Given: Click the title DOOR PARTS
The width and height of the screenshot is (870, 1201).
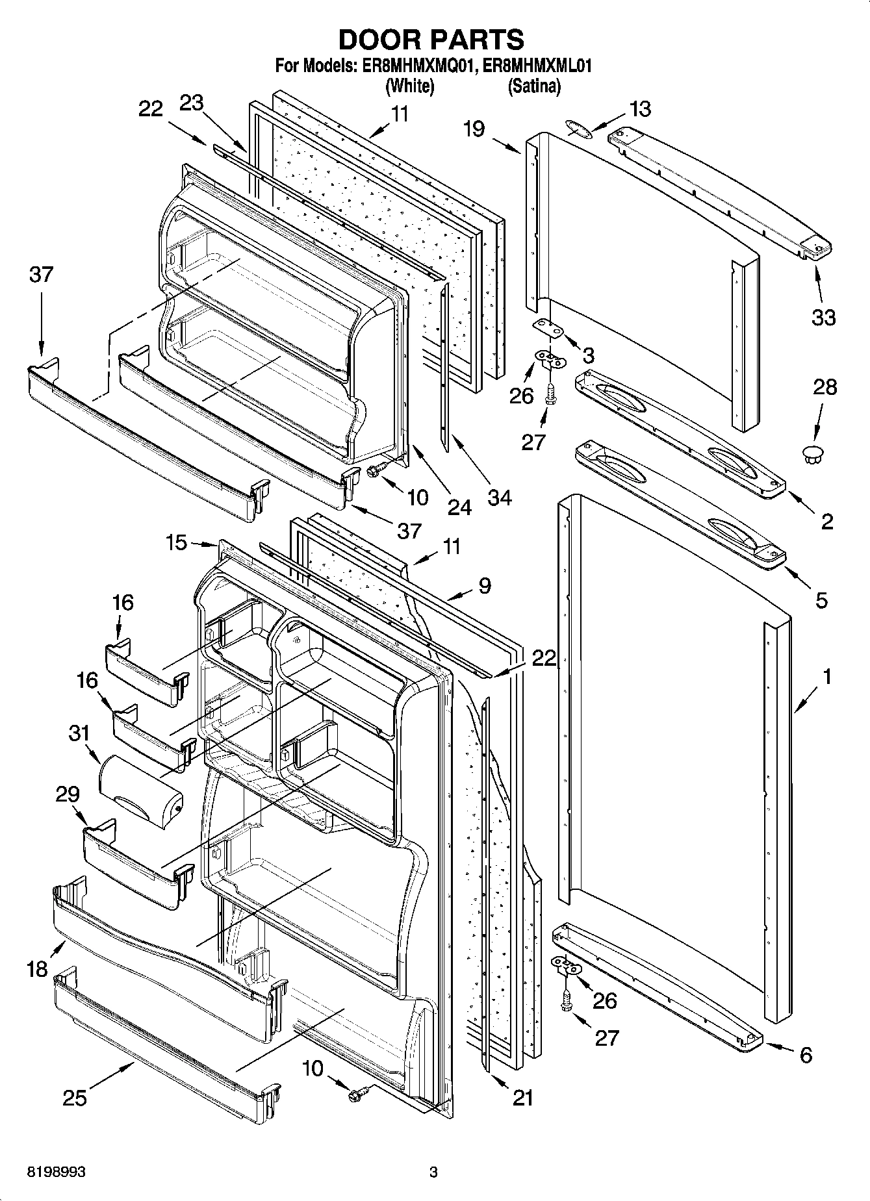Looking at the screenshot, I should click(431, 40).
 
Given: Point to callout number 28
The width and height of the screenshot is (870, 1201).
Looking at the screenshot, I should click(825, 387).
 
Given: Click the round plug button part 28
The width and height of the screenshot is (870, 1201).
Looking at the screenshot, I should click(812, 454).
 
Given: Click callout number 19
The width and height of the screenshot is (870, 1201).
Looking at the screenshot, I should click(474, 129).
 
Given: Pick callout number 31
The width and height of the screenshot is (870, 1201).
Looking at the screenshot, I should click(79, 733).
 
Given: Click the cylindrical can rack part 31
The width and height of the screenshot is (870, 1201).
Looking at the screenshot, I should click(140, 789).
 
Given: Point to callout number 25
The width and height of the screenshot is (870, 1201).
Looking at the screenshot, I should click(75, 1097).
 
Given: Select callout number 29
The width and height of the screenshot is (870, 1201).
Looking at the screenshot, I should click(68, 794).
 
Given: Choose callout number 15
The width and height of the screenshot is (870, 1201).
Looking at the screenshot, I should click(176, 542).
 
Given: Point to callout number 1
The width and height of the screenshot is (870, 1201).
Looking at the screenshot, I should click(826, 677).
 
